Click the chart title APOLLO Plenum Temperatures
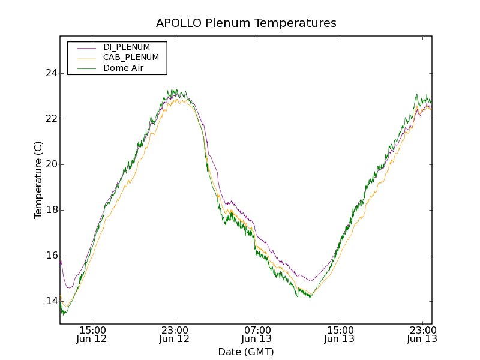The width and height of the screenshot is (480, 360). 246,23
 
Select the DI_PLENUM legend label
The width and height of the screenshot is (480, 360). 127,47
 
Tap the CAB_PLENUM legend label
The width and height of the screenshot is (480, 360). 131,58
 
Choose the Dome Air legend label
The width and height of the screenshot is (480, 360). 123,68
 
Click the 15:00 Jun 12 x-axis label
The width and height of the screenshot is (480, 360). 92,334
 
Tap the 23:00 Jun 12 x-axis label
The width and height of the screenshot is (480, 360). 175,334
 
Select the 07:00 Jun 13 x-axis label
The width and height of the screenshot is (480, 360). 257,334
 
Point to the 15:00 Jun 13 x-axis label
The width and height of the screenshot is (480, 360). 339,334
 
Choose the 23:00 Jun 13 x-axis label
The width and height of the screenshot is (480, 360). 421,334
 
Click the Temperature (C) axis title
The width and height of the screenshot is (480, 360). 38,180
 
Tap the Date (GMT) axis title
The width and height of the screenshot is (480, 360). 246,352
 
